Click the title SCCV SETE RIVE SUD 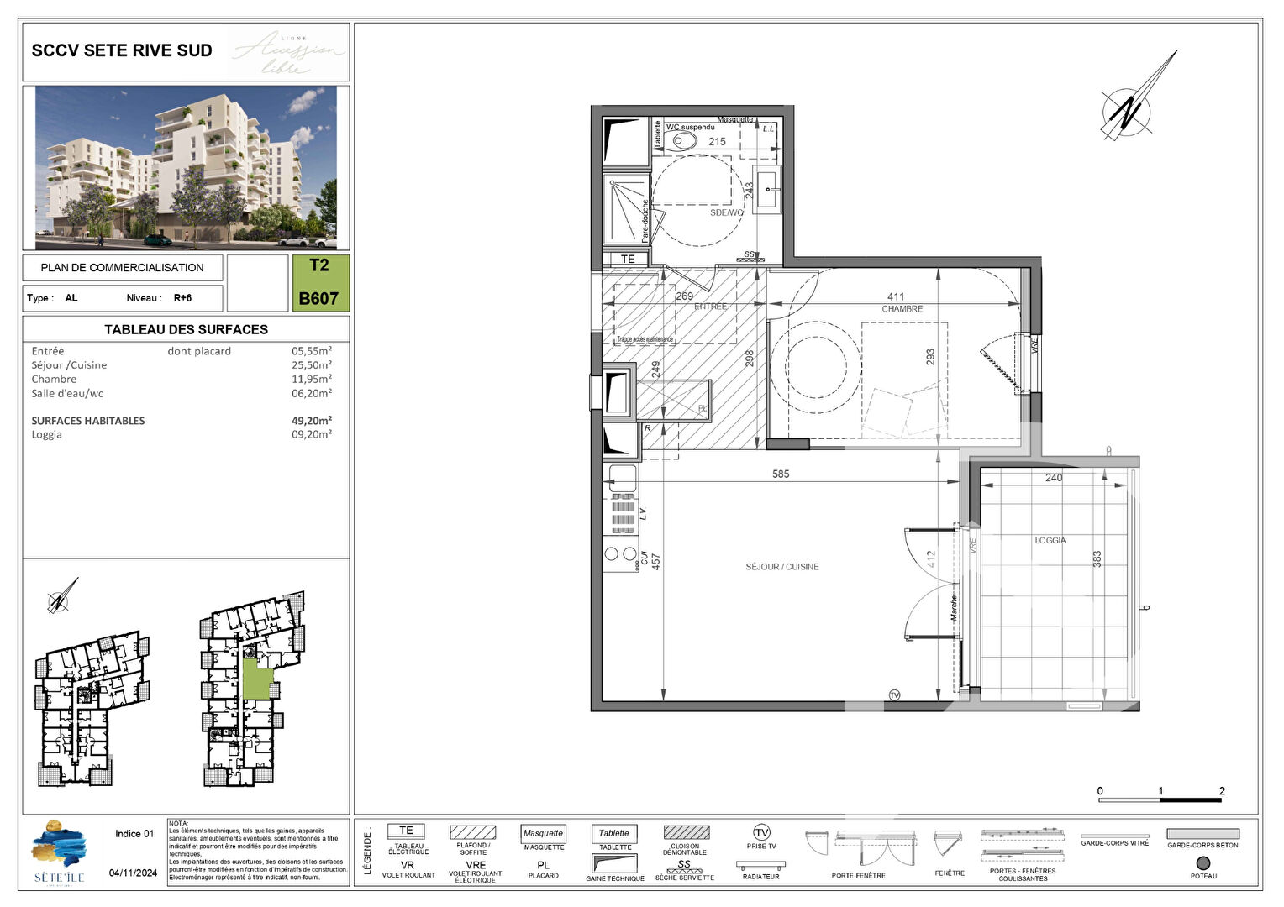pos(122,50)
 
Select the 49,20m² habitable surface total pos(311,421)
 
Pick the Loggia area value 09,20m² pos(311,435)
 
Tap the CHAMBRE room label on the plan pos(902,309)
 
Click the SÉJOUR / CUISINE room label pos(781,567)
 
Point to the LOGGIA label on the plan pos(1050,540)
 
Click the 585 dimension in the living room pos(781,474)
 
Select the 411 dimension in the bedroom pos(896,296)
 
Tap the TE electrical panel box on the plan pos(628,259)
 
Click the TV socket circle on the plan pos(894,695)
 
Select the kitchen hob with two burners pos(620,554)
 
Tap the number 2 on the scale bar pos(1221,791)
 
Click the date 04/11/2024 pos(133,873)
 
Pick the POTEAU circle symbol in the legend pos(1202,862)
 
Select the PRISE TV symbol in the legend pos(761,832)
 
